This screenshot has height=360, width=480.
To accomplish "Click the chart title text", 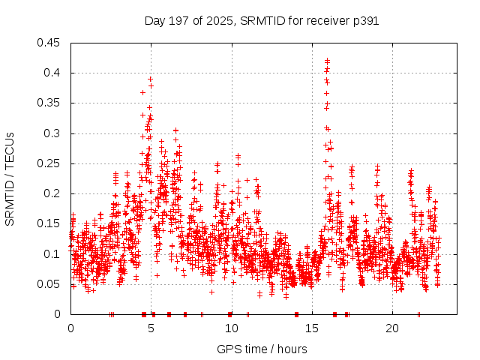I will [261, 21].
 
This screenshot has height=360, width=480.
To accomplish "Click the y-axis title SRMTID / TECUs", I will [10, 178].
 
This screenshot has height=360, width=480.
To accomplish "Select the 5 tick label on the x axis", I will [151, 328].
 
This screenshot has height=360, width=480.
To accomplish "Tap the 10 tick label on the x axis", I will [231, 328].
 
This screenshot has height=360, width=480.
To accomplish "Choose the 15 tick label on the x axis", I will [311, 328].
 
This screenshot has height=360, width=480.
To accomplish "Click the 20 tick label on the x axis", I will [391, 328].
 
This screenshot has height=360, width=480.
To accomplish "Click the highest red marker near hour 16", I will [327, 60].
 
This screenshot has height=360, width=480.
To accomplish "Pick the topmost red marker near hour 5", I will [150, 79].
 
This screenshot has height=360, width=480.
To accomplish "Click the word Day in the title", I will [155, 21].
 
